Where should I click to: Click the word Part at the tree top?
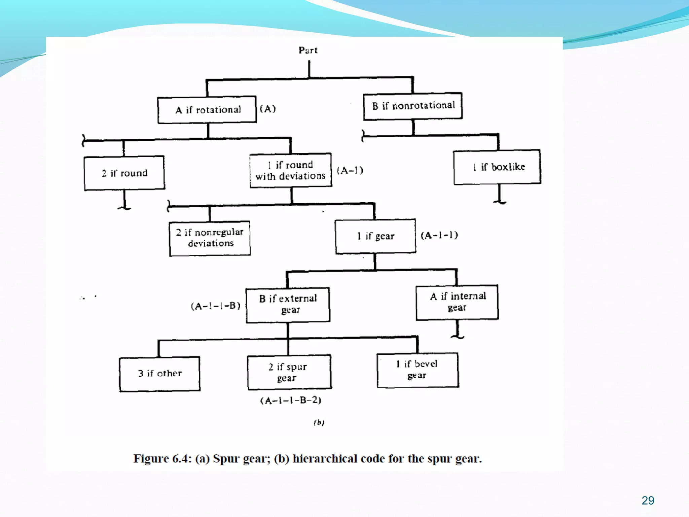pyautogui.click(x=308, y=50)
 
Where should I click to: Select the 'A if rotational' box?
pyautogui.click(x=207, y=110)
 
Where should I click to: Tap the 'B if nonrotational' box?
pyautogui.click(x=413, y=106)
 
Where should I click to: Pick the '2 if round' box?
pyautogui.click(x=124, y=173)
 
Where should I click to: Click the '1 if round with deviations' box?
pyautogui.click(x=291, y=170)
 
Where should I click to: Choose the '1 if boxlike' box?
pyautogui.click(x=497, y=167)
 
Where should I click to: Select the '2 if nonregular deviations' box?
pyautogui.click(x=210, y=238)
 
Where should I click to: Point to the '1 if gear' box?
pyautogui.click(x=375, y=236)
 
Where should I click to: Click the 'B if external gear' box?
pyautogui.click(x=288, y=305)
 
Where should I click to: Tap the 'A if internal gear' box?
pyautogui.click(x=457, y=302)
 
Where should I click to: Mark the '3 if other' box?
pyautogui.click(x=160, y=374)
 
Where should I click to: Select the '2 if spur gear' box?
pyautogui.click(x=289, y=372)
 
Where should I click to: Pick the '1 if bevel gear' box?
pyautogui.click(x=418, y=370)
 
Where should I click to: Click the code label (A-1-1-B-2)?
pyautogui.click(x=291, y=400)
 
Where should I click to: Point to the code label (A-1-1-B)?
pyautogui.click(x=216, y=306)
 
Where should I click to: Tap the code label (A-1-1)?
pyautogui.click(x=439, y=235)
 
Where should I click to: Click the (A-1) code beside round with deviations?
pyautogui.click(x=350, y=170)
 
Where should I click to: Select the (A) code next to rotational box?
pyautogui.click(x=268, y=109)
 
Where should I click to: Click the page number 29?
pyautogui.click(x=648, y=501)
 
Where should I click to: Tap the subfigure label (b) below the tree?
pyautogui.click(x=319, y=422)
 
